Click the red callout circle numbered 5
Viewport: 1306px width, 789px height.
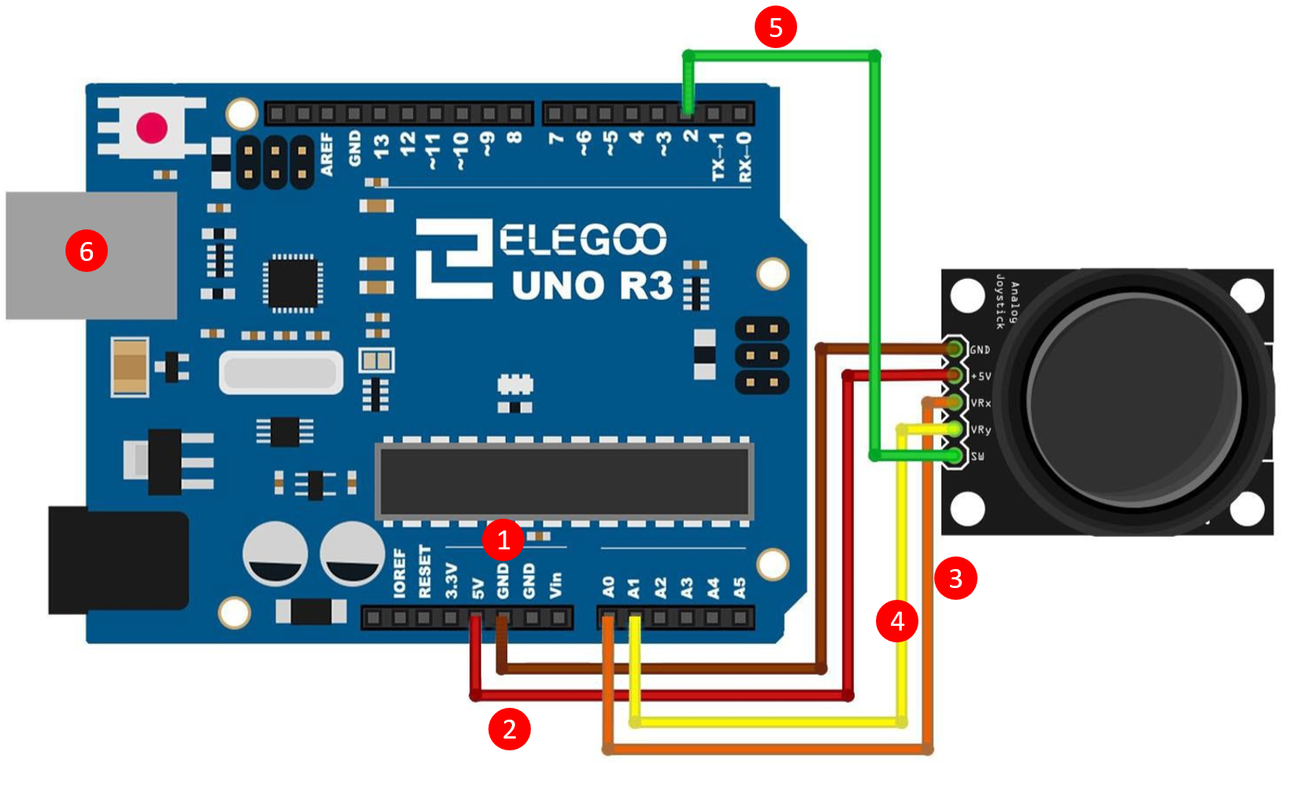[x=775, y=27]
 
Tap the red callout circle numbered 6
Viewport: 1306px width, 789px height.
[x=87, y=251]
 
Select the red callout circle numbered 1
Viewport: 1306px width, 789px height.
[x=503, y=540]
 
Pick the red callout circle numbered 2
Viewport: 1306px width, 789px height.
[x=510, y=729]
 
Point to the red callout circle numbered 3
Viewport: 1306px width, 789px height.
[x=955, y=579]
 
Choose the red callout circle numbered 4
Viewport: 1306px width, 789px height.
[x=897, y=621]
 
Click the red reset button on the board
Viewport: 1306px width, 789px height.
[x=151, y=128]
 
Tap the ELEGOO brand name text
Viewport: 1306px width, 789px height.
[x=583, y=240]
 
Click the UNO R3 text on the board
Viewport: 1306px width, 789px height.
[x=592, y=285]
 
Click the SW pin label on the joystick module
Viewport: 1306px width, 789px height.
[x=978, y=456]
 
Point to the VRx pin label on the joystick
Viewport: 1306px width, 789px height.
[x=981, y=403]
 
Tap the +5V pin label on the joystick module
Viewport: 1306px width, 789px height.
[x=981, y=376]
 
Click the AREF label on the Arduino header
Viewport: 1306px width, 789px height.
[x=327, y=154]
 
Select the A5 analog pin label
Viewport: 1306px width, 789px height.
[x=740, y=587]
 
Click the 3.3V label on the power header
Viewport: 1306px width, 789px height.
[x=451, y=581]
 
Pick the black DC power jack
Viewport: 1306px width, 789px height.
[x=118, y=560]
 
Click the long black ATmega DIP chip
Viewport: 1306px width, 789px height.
[x=564, y=481]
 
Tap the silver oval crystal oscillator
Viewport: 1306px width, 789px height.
[x=281, y=372]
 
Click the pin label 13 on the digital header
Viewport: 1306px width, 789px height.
[x=381, y=146]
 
